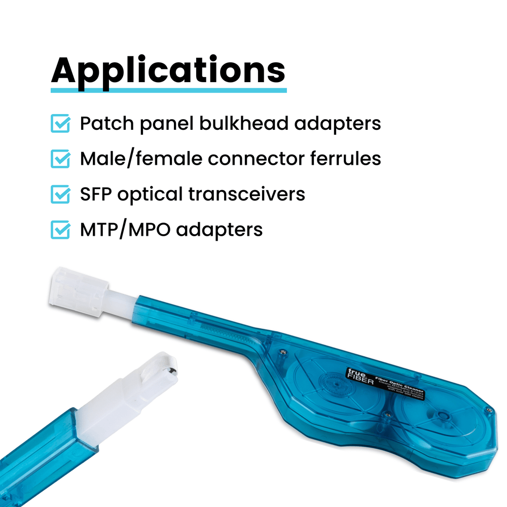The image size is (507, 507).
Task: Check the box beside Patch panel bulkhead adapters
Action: coord(60,124)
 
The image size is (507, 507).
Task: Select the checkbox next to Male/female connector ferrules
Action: coord(60,159)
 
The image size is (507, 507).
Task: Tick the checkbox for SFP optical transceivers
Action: coord(60,194)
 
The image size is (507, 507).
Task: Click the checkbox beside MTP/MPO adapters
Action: coord(60,230)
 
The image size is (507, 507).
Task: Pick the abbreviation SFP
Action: coord(96,194)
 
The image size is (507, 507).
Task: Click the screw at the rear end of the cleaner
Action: coord(488,410)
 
